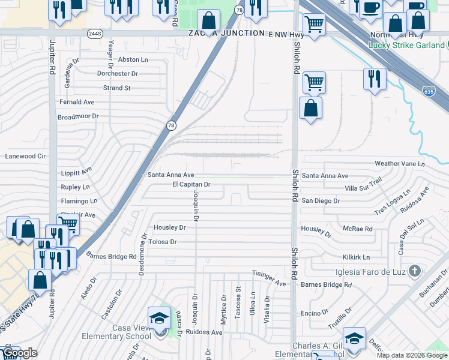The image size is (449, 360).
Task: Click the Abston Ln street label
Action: tap(133, 59)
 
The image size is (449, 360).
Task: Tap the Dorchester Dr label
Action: tap(118, 73)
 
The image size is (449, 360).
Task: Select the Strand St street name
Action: tap(116, 88)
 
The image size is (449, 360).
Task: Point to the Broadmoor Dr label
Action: tap(77, 116)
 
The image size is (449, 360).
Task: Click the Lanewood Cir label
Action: tap(25, 156)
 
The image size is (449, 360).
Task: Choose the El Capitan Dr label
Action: tap(191, 184)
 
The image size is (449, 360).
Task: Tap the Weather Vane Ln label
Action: tap(399, 163)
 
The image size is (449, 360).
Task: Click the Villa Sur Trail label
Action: tap(360, 184)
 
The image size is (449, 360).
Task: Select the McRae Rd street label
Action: tap(358, 229)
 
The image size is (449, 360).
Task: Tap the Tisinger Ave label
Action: tap(269, 277)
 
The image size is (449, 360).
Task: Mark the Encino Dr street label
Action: tap(315, 313)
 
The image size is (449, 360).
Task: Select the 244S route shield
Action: tap(95, 33)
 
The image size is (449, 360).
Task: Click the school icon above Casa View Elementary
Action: tap(159, 317)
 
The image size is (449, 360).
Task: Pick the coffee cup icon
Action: tap(369, 7)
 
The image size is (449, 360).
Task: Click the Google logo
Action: tap(20, 353)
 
